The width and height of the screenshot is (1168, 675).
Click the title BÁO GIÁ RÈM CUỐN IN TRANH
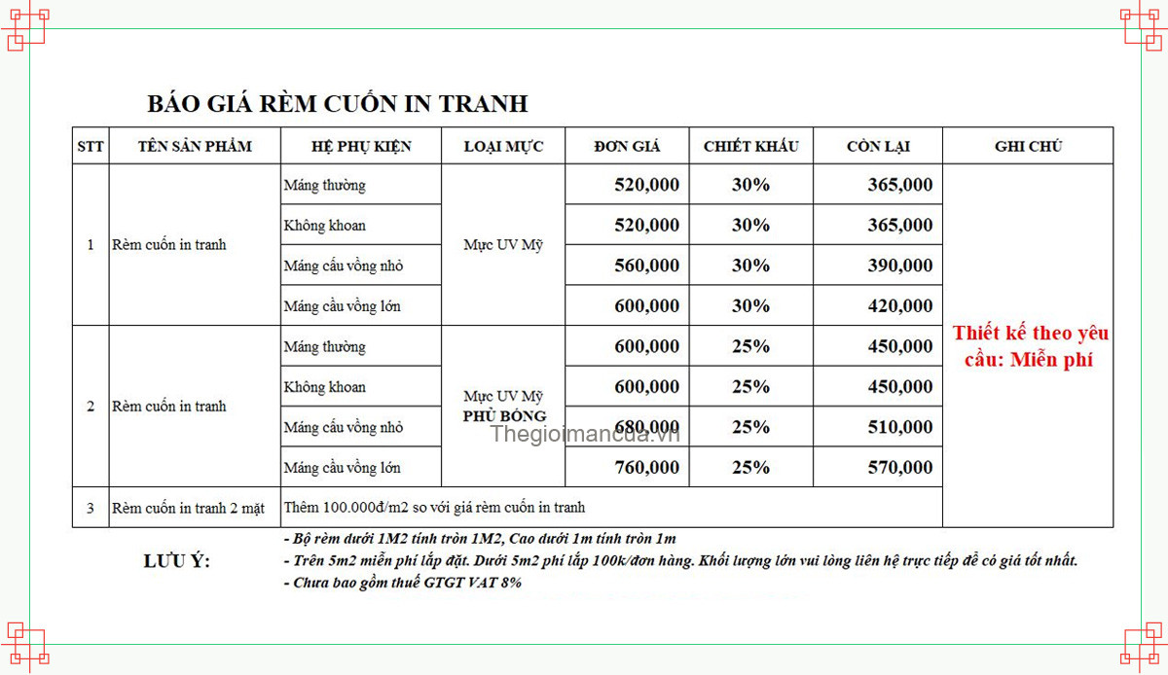(x=337, y=103)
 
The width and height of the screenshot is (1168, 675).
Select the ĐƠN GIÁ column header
(x=627, y=147)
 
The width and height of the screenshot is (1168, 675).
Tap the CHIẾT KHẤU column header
(x=750, y=147)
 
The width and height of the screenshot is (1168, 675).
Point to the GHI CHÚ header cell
(x=1028, y=147)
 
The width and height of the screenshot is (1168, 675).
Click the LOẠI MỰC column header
(x=503, y=147)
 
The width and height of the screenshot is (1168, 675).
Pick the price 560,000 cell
(x=646, y=266)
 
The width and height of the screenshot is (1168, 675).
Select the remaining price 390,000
(x=899, y=266)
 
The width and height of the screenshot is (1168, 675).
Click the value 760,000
(x=646, y=468)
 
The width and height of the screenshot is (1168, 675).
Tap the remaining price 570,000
(x=899, y=468)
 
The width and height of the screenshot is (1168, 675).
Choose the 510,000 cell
(x=899, y=427)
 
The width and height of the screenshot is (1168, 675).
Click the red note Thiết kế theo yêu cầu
(x=1030, y=346)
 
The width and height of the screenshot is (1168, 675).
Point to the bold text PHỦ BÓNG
(x=504, y=416)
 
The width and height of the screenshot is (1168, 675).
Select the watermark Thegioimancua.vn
(x=584, y=435)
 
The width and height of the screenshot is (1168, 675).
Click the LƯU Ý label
(x=176, y=561)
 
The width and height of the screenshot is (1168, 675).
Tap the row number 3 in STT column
(x=91, y=508)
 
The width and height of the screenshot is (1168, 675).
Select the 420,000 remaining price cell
(x=899, y=306)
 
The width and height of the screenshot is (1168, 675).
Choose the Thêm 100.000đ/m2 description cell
(x=435, y=508)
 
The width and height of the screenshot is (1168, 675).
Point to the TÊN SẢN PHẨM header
(x=195, y=147)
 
